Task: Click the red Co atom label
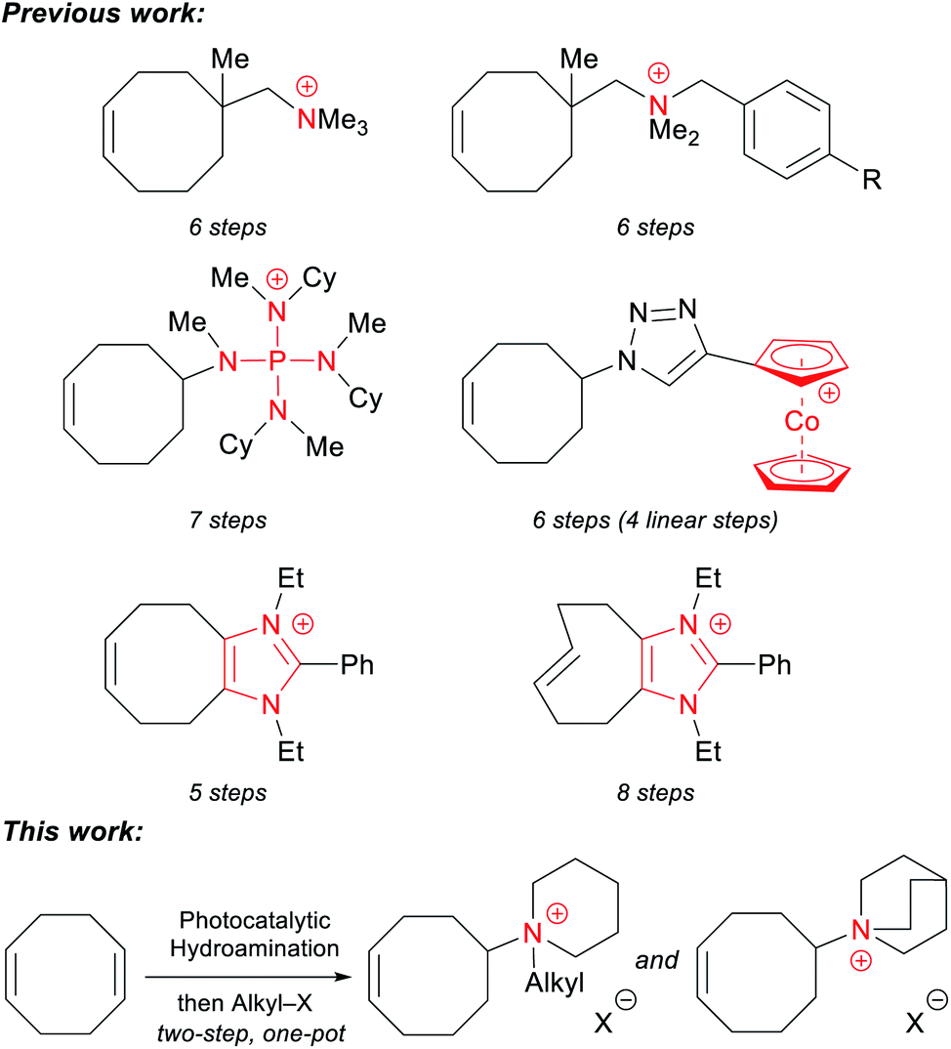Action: click(802, 422)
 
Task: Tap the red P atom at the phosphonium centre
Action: click(276, 362)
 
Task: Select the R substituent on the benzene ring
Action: click(871, 180)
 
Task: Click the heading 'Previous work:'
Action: click(103, 14)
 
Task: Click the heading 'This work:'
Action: click(73, 831)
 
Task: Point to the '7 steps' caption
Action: click(227, 520)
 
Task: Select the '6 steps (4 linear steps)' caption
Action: click(655, 520)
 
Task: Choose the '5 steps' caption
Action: click(227, 792)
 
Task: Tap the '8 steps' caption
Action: click(655, 792)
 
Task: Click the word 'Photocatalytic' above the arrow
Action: click(255, 920)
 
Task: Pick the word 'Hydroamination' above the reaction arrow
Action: click(255, 948)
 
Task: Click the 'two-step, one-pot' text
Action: click(251, 1033)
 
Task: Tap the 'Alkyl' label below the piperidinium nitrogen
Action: click(555, 983)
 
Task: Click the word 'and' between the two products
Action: click(657, 960)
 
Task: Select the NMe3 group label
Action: click(332, 120)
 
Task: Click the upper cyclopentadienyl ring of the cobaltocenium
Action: click(802, 361)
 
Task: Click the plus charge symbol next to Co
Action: click(829, 394)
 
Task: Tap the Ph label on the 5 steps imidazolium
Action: click(357, 665)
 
